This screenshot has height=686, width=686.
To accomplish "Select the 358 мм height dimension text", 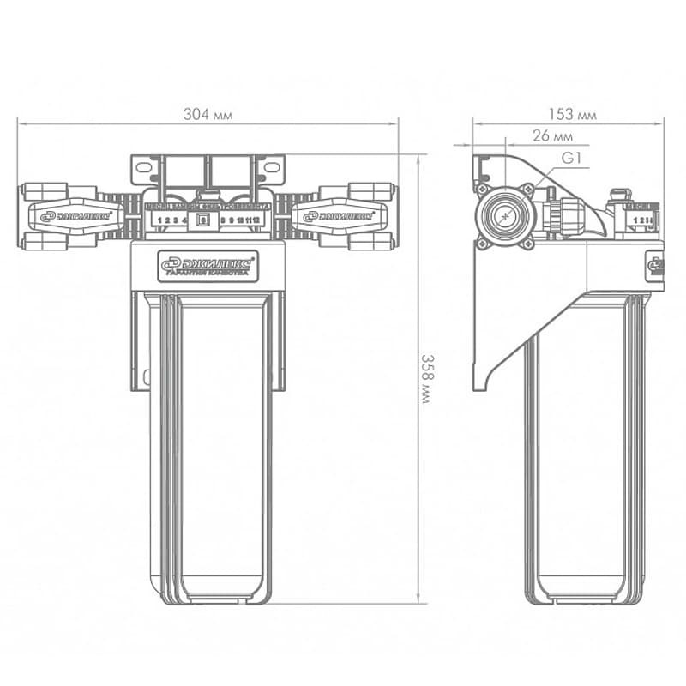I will click(424, 378).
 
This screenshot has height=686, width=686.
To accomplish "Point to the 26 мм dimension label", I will click(552, 135).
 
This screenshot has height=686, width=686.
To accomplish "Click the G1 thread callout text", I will click(572, 159).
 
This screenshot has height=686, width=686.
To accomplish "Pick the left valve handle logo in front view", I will click(75, 216).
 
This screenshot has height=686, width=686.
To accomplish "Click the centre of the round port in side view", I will click(505, 215).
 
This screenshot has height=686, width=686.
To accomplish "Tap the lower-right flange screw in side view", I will click(527, 244).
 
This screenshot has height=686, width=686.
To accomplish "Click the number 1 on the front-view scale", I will click(162, 220).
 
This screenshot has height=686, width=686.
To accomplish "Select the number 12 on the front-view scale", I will click(256, 220).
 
